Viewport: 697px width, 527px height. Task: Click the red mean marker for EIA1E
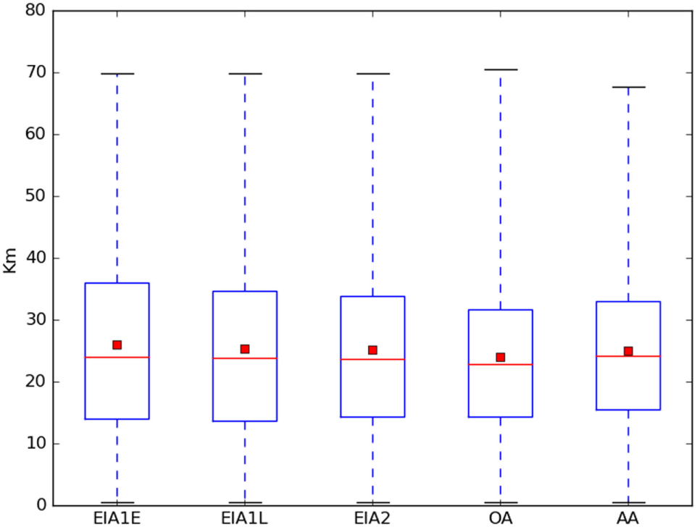coord(117,345)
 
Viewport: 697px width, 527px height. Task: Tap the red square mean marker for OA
coord(500,357)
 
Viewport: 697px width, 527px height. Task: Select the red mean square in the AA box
coord(628,351)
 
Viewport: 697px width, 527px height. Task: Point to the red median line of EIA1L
coord(244,358)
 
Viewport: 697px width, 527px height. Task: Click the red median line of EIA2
coord(372,359)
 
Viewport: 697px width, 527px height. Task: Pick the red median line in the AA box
coord(628,356)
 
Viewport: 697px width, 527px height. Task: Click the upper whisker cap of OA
coord(500,69)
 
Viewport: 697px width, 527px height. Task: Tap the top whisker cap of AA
coord(628,87)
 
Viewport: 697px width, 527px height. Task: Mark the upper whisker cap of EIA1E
coord(117,74)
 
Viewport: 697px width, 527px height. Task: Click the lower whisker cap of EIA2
coord(372,502)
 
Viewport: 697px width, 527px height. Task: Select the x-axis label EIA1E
coord(117,518)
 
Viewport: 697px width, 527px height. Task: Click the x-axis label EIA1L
coord(244,518)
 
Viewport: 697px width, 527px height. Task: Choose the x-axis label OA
coord(500,518)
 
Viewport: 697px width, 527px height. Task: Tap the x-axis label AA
coord(628,518)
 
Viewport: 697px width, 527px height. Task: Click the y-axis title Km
coord(10,258)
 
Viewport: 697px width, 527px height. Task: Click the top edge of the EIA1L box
coord(244,291)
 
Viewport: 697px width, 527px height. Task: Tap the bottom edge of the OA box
coord(500,417)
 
